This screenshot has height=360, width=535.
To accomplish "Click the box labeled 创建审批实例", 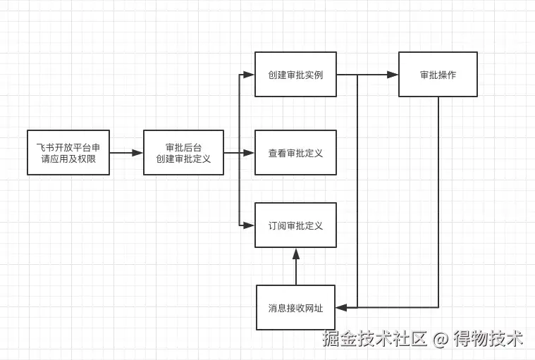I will (x=295, y=74).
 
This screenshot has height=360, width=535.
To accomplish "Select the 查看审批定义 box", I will (x=295, y=152).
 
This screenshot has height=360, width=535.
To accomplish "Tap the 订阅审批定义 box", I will (x=295, y=225).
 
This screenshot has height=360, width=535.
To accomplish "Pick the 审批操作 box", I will (x=438, y=74).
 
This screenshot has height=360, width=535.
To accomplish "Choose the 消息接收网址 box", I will (x=295, y=308).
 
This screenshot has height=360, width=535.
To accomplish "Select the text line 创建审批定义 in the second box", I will (x=183, y=159).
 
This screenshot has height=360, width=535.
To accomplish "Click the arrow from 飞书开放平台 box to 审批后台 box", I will (x=126, y=152).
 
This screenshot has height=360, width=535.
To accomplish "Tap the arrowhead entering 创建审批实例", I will (x=250, y=74).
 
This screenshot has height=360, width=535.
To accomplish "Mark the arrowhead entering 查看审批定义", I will (x=250, y=152).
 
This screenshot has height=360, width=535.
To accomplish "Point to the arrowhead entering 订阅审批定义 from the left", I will (x=250, y=225).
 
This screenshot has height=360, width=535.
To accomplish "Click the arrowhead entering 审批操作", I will (x=393, y=74).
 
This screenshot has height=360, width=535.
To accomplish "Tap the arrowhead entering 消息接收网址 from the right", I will (x=341, y=308).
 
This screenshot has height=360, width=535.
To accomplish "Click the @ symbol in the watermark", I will (x=441, y=339).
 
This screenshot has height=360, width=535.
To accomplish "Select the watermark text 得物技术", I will (x=488, y=339).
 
